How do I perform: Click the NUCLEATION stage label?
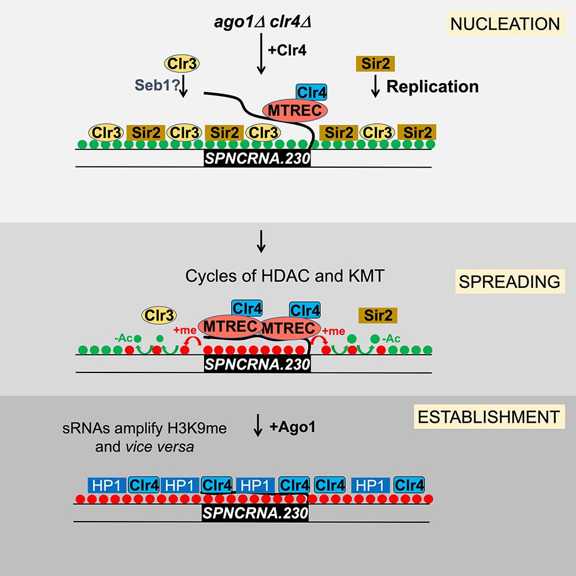505,24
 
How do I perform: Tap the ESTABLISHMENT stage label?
489,416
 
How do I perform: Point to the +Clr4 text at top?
287,51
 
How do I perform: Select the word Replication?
433,87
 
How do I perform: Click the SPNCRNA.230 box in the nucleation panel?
257,157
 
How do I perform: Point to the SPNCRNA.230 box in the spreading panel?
257,364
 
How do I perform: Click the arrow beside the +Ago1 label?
260,436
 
